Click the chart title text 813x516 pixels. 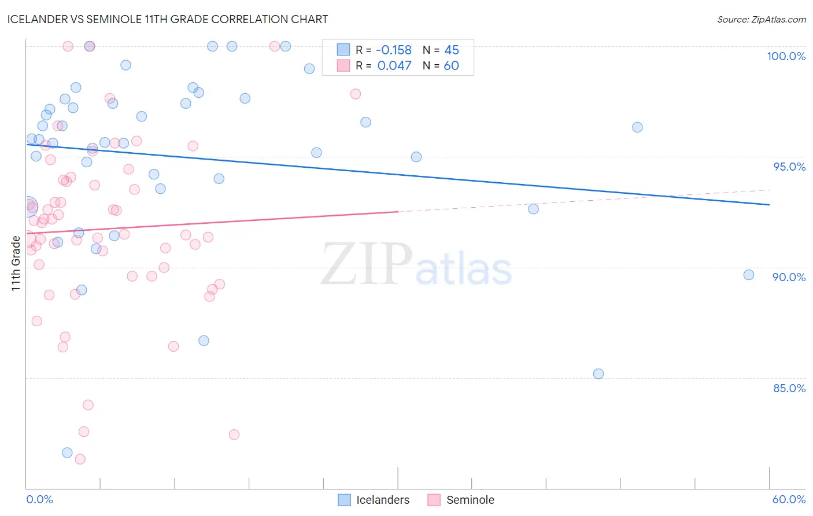pos(167,19)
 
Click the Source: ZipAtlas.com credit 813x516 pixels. pos(761,20)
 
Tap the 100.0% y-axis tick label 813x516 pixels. pos(786,56)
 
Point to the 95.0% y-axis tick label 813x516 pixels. pos(789,167)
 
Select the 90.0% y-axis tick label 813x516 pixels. pos(789,277)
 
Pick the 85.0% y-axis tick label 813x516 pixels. pos(789,388)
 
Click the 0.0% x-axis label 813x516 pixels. pos(39,499)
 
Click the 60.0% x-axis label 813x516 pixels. pos(789,499)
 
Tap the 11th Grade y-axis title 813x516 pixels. pos(16,263)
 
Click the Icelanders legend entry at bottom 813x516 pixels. pos(382,500)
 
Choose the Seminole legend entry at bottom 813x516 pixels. pos(470,500)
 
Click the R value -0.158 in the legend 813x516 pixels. pos(393,50)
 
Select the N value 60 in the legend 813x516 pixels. pos(451,65)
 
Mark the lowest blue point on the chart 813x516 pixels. pos(67,452)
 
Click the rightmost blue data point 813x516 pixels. pos(749,275)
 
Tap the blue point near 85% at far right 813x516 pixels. pos(598,374)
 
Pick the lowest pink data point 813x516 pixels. pos(80,459)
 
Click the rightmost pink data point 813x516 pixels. pos(356,94)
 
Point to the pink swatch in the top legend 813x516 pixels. pos(343,65)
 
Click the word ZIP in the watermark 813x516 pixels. pos(366,264)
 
